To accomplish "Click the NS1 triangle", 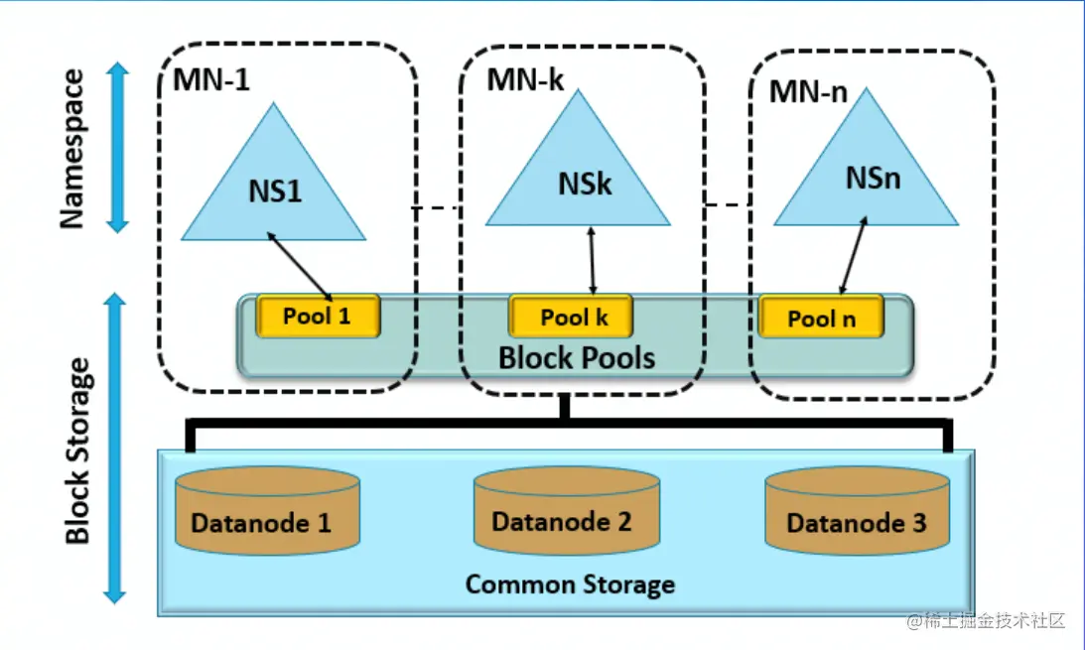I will pyautogui.click(x=274, y=189).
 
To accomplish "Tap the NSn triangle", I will pyautogui.click(x=866, y=179).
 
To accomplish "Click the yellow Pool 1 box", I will pyautogui.click(x=318, y=317).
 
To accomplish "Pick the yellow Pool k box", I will pyautogui.click(x=572, y=318).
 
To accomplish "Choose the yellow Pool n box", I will pyautogui.click(x=821, y=318).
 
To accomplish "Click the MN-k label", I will pyautogui.click(x=524, y=80).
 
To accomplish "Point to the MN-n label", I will pyautogui.click(x=808, y=91).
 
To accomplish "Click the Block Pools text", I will pyautogui.click(x=577, y=356).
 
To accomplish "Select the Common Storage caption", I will pyautogui.click(x=570, y=584).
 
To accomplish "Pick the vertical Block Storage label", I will pyautogui.click(x=76, y=452).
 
